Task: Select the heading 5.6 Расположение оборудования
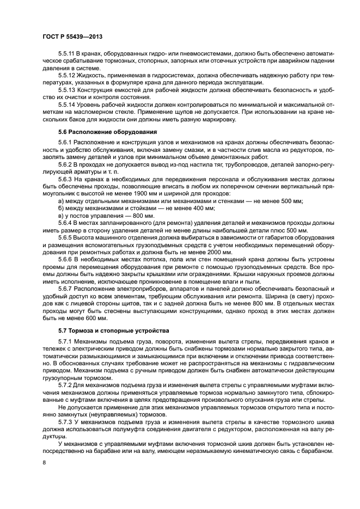[x=107, y=131]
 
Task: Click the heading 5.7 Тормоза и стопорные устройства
[x=113, y=330]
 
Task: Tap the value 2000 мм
[x=205, y=252]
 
